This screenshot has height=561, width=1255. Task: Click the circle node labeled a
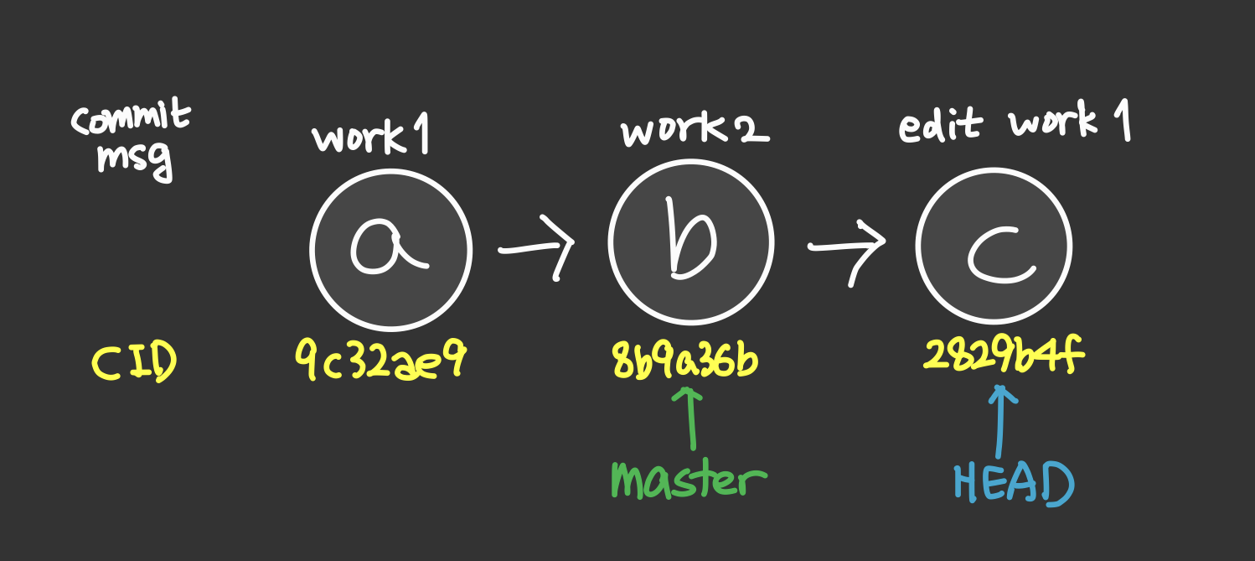point(390,249)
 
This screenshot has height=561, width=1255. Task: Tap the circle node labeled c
point(994,247)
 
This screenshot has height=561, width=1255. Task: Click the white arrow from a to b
point(537,249)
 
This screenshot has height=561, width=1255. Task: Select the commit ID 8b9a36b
point(686,362)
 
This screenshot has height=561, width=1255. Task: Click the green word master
point(689,480)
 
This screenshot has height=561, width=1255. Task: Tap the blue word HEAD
point(1014,484)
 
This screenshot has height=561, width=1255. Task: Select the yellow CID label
point(133,364)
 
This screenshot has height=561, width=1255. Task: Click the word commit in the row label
point(131,118)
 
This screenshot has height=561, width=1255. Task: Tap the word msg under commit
point(134,158)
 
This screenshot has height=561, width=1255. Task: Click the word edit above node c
point(940,127)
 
